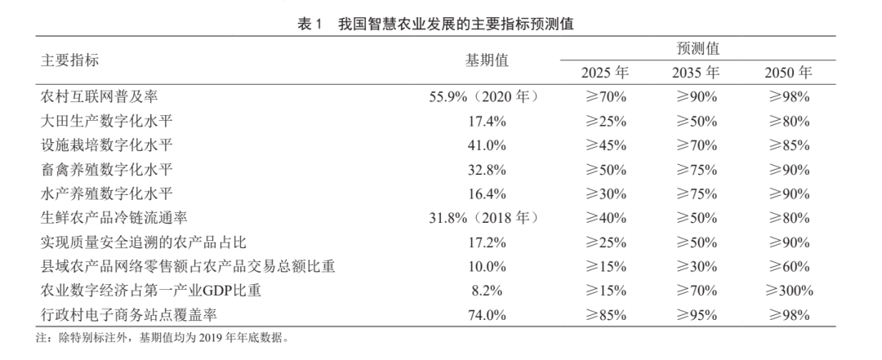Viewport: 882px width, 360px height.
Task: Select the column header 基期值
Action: [487, 60]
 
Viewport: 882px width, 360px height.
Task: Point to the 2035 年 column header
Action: [696, 73]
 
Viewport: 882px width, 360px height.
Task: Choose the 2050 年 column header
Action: [788, 73]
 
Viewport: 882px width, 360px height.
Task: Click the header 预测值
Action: [697, 49]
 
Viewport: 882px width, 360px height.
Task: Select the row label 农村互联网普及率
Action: [99, 97]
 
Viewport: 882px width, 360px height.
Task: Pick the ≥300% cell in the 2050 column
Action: [788, 291]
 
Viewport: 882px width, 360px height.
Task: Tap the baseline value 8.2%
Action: [487, 291]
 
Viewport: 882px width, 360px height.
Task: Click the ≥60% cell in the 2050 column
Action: [788, 267]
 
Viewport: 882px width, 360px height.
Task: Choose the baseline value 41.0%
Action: [487, 145]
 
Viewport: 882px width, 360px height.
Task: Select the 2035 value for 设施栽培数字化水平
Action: [696, 145]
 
